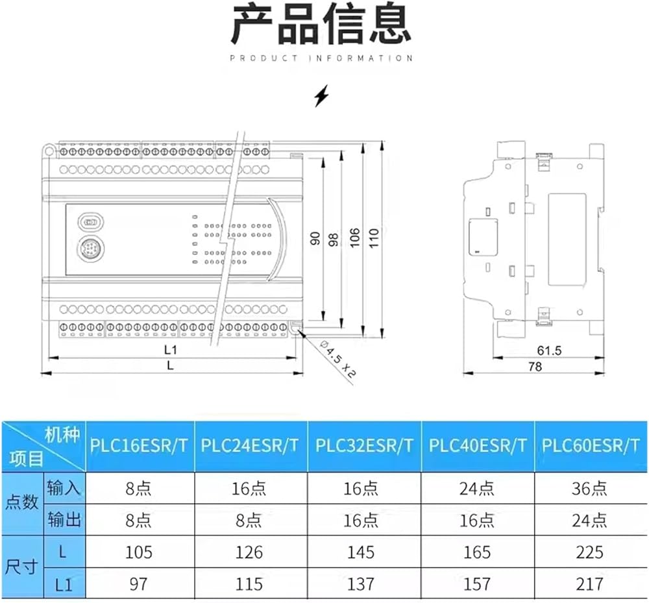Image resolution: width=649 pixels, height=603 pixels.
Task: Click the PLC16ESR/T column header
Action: [x=139, y=446]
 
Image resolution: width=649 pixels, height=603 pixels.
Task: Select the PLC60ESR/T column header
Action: [x=591, y=446]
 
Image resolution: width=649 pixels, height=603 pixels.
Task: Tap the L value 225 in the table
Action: [x=589, y=552]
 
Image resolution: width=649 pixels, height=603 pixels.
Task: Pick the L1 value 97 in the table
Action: [x=138, y=584]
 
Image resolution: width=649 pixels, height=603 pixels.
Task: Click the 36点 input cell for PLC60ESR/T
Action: [x=589, y=489]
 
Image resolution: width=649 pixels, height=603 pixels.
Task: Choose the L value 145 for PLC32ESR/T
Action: [x=360, y=552]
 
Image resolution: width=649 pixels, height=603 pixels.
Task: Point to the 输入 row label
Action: [x=64, y=488]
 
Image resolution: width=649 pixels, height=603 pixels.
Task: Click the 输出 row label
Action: [x=64, y=519]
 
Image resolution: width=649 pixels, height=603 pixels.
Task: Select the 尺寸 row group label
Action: [x=21, y=567]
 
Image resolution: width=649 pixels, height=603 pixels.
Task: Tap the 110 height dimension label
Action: [x=373, y=238]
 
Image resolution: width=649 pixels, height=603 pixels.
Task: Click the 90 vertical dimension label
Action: [x=315, y=238]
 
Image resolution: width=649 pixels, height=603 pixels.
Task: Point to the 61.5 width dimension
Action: [x=549, y=351]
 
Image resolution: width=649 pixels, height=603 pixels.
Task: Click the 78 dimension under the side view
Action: [x=535, y=367]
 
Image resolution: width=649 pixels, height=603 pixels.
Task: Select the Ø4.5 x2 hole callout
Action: [x=337, y=359]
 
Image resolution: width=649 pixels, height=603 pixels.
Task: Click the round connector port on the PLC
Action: [x=91, y=249]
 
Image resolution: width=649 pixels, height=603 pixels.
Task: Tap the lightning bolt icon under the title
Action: [x=321, y=96]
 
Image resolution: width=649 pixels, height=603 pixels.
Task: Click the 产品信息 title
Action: [x=321, y=24]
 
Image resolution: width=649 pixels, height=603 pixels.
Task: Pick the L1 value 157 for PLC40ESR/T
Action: [x=477, y=584]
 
